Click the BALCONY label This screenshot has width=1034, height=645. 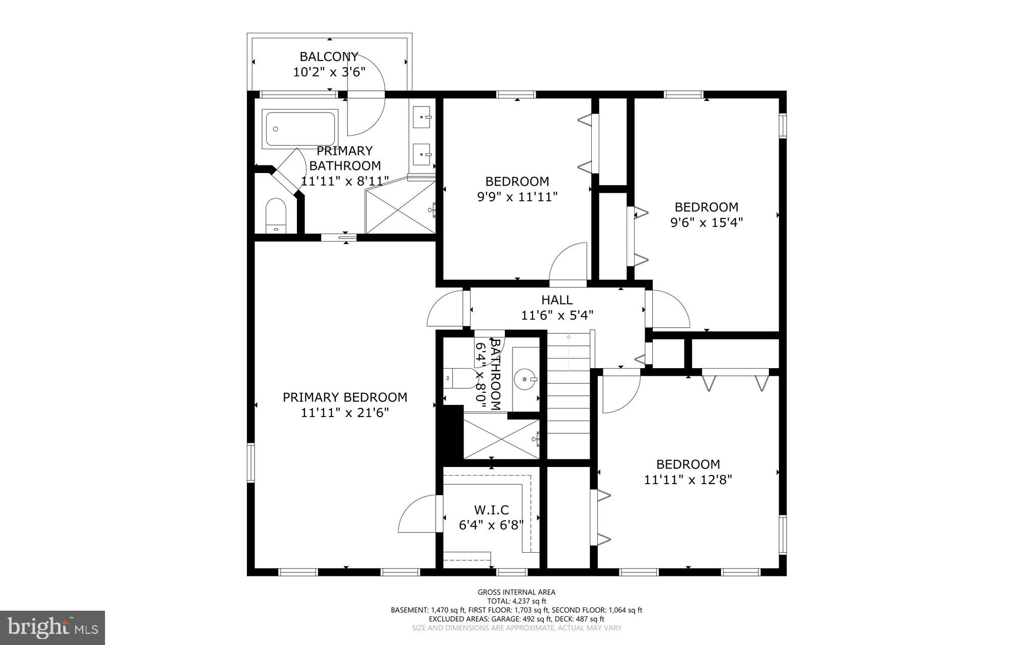329,56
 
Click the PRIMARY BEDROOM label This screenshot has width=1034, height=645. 345,397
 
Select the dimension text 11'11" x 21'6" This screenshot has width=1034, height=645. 345,413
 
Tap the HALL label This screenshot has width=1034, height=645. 557,300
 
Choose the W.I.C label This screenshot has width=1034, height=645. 491,510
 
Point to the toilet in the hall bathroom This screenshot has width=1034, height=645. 460,378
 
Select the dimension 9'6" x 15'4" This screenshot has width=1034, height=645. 706,222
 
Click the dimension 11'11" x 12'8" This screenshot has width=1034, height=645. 688,480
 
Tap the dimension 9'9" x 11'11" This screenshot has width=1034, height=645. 517,197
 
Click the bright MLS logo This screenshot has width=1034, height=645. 53,627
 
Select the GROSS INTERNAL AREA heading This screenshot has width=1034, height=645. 516,592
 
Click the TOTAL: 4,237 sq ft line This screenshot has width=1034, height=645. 516,601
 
